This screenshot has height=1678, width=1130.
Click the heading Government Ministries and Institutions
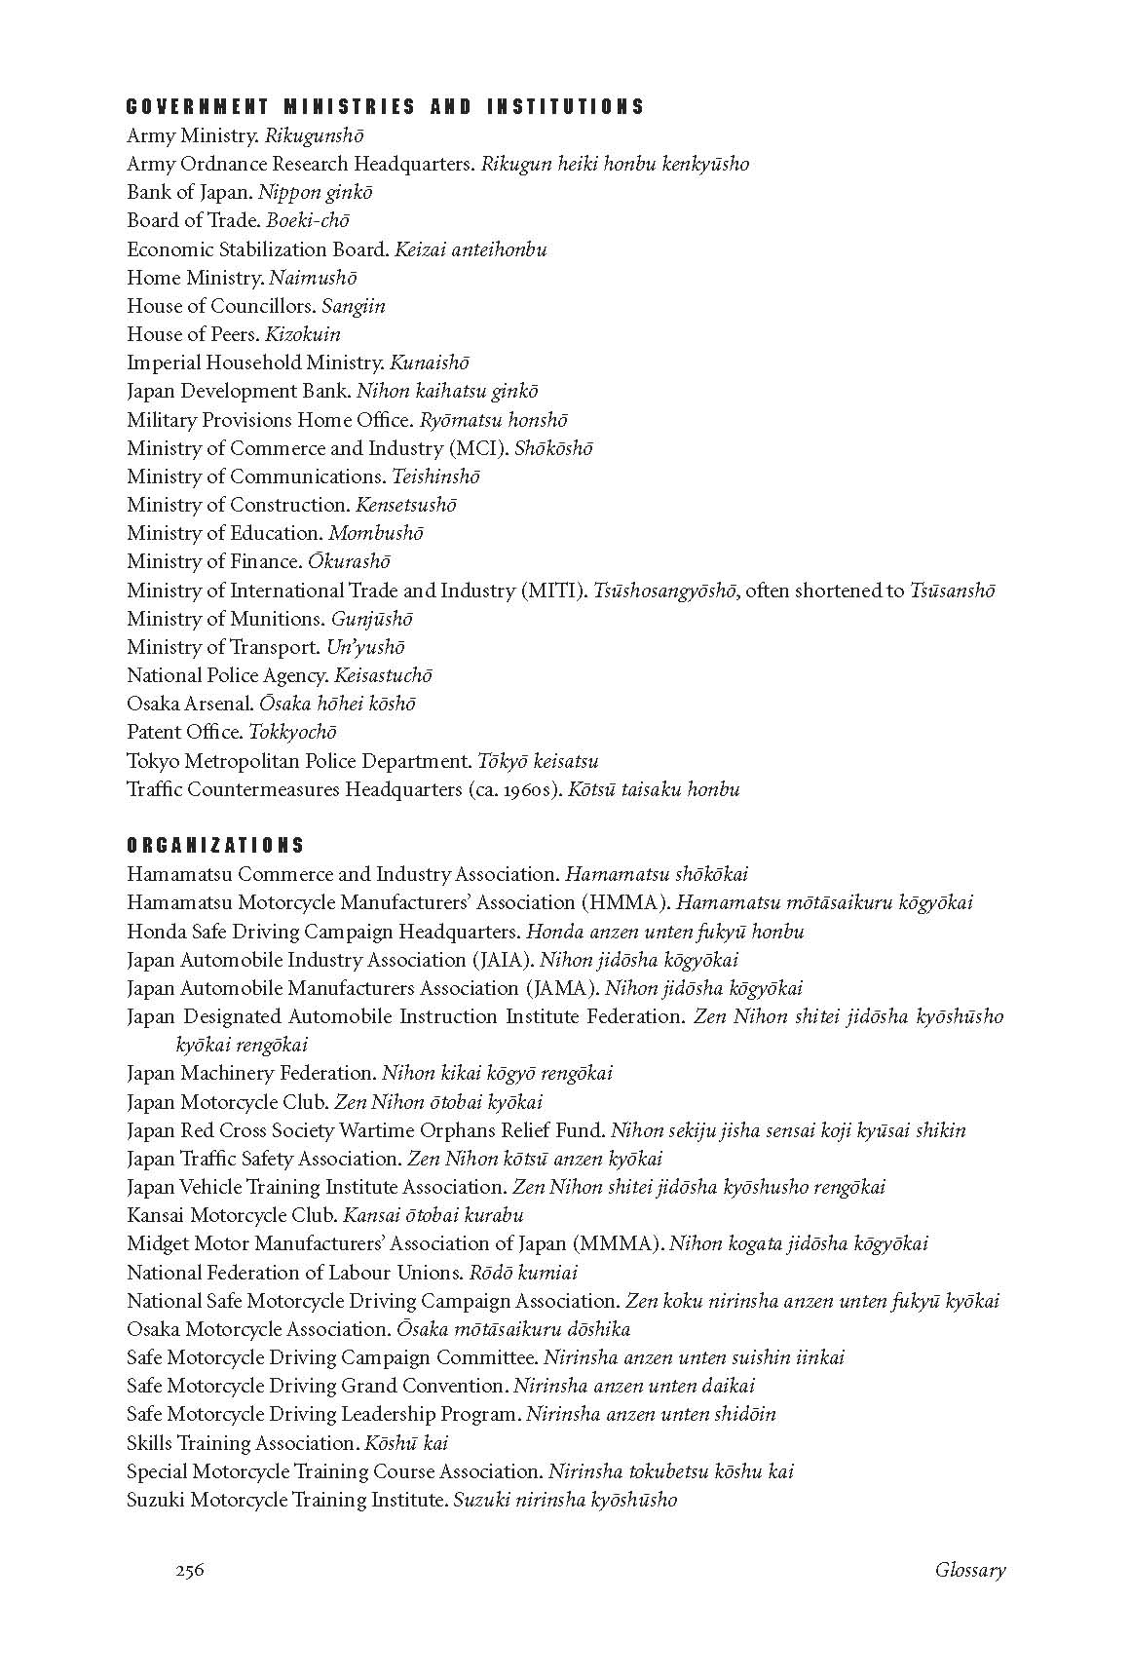(x=386, y=107)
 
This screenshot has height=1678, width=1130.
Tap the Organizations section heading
(x=215, y=846)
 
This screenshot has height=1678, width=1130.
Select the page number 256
(x=190, y=1570)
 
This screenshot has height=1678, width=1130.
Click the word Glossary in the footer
(x=969, y=1570)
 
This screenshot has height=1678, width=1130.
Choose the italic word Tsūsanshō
(x=952, y=591)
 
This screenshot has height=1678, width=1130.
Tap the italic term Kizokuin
(x=303, y=334)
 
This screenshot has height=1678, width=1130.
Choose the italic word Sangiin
(x=354, y=306)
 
